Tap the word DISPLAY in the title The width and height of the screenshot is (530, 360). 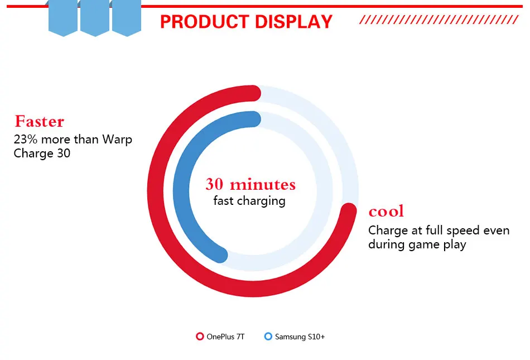[x=293, y=22]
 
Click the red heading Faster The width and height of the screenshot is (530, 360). [x=39, y=121]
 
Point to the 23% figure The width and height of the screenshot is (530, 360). [x=25, y=140]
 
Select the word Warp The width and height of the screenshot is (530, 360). [x=117, y=140]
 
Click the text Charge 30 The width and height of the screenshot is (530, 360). [x=42, y=153]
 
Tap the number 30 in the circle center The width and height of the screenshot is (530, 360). [x=214, y=184]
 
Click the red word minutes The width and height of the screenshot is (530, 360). [x=263, y=184]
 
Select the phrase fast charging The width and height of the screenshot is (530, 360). [x=249, y=201]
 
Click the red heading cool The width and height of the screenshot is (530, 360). [x=386, y=212]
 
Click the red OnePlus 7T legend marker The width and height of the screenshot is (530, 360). [x=200, y=337]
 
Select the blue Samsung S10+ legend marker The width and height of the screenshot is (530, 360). [x=268, y=337]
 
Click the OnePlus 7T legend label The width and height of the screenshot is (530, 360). [x=225, y=337]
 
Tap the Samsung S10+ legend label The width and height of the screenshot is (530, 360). [x=300, y=337]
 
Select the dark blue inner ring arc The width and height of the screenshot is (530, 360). [x=181, y=189]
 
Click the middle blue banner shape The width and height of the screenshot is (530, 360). [x=95, y=17]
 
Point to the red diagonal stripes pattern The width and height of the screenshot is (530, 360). [x=439, y=20]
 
